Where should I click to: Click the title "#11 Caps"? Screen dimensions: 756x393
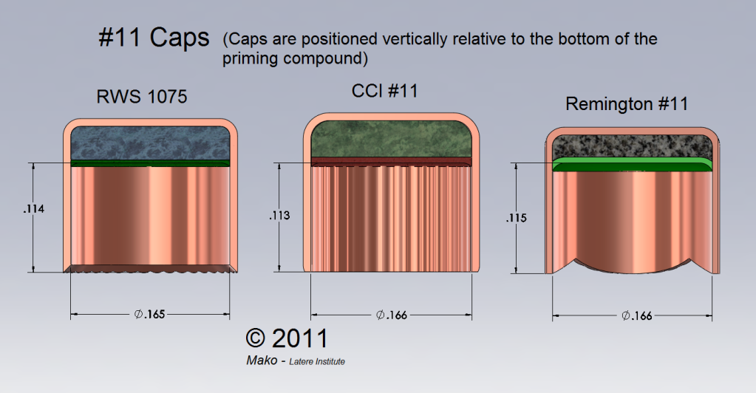(154, 37)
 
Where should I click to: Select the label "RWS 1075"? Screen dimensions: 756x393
(142, 97)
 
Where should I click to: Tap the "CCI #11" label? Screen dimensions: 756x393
(385, 91)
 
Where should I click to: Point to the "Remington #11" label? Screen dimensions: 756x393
(627, 103)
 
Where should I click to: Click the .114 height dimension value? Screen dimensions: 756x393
(34, 209)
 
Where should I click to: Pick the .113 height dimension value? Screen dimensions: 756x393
(279, 215)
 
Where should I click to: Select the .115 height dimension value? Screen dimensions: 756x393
(517, 218)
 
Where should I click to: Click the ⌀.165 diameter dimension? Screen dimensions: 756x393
(149, 315)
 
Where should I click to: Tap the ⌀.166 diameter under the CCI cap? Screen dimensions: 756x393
(392, 315)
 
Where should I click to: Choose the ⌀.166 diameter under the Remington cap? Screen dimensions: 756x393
(636, 316)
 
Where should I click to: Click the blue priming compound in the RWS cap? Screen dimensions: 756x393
(151, 143)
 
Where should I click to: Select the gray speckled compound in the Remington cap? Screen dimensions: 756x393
(632, 146)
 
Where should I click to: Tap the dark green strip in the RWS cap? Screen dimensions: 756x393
(151, 163)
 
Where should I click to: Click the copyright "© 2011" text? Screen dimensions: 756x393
(287, 338)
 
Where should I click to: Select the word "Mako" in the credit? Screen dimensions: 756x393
(262, 360)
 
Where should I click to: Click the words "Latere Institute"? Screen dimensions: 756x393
(317, 362)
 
